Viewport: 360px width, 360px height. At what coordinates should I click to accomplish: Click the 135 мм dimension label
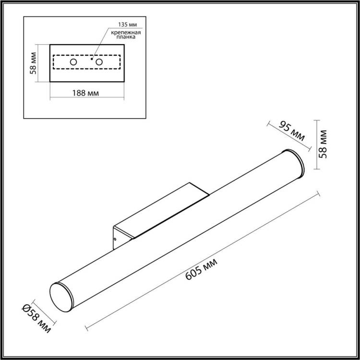tap(127, 25)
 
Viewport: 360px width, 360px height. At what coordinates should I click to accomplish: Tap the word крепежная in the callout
tap(126, 33)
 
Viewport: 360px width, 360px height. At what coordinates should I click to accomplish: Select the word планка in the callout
tap(126, 37)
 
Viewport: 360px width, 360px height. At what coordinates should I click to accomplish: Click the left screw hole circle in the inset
tap(73, 62)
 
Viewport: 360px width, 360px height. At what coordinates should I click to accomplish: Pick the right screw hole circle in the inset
tap(99, 62)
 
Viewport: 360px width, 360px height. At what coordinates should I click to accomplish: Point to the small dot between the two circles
tap(91, 59)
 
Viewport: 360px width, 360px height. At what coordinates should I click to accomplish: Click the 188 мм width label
tap(85, 93)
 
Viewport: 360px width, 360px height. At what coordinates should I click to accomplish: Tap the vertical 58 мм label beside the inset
tap(34, 63)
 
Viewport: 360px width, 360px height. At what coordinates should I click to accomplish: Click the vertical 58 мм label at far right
tap(323, 144)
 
